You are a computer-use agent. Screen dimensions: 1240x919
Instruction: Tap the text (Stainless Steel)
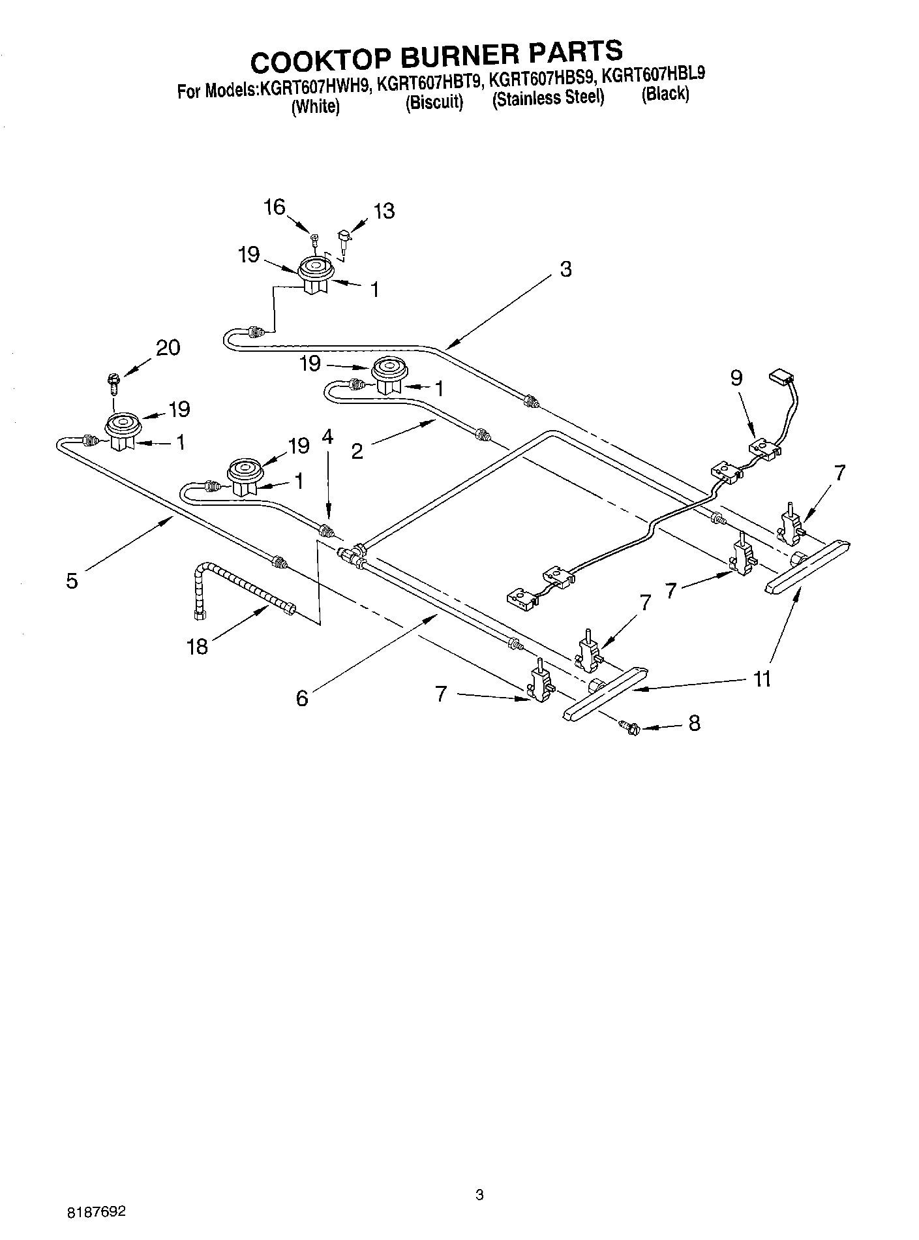[548, 99]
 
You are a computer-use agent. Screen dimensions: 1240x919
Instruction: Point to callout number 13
[384, 211]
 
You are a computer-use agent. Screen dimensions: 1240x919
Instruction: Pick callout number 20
[168, 347]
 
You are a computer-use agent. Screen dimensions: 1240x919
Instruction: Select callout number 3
[565, 269]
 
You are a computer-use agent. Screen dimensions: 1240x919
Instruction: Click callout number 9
[736, 379]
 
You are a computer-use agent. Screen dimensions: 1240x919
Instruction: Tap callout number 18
[196, 646]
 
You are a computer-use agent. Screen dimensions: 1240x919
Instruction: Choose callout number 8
[694, 723]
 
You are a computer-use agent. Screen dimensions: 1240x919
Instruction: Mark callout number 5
[72, 580]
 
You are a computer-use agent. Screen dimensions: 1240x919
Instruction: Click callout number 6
[301, 698]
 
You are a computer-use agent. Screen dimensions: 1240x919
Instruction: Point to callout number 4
[327, 437]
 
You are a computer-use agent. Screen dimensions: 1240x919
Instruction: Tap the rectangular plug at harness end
[779, 376]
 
